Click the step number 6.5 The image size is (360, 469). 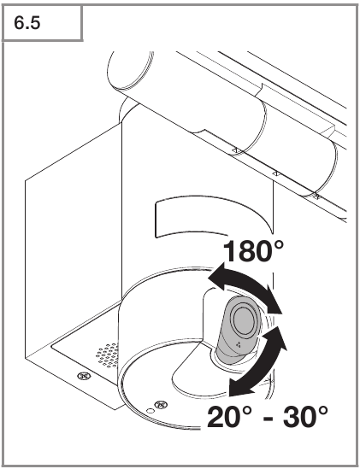click(27, 23)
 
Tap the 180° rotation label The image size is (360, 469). click(253, 251)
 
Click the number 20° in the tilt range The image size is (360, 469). click(229, 417)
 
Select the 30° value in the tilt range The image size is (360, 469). click(305, 417)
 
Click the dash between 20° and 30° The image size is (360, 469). click(268, 419)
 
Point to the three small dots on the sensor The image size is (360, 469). click(239, 344)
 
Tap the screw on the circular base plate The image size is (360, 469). click(161, 405)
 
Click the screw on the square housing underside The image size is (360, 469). click(84, 376)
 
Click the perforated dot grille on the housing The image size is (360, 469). click(107, 355)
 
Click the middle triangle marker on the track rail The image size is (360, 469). click(276, 173)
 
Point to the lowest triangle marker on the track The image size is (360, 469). click(316, 196)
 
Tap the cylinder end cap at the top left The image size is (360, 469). click(129, 70)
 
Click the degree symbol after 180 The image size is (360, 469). click(278, 245)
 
